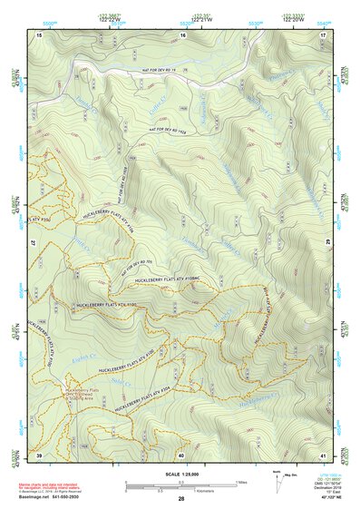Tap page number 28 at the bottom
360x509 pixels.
[180, 500]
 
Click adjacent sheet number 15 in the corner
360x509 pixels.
[39, 34]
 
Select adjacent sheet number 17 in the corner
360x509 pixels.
[323, 34]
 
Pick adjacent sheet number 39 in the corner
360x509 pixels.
[39, 455]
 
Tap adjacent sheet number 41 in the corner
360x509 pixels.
[323, 455]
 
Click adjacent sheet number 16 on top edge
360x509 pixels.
[181, 34]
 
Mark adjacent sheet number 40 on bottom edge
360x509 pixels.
[181, 455]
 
